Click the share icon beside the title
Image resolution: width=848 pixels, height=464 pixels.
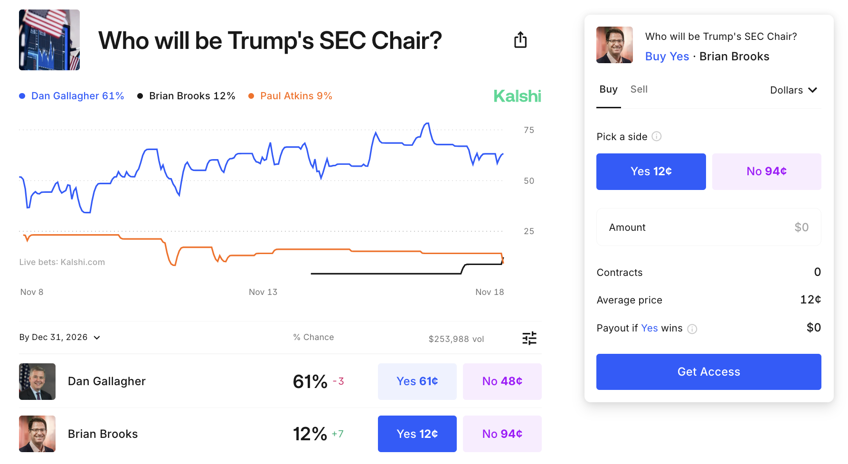(x=520, y=40)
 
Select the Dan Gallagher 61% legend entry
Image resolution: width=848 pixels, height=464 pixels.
(x=72, y=96)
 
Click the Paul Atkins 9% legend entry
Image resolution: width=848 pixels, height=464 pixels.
(x=291, y=96)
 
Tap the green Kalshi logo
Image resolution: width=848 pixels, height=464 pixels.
(x=517, y=96)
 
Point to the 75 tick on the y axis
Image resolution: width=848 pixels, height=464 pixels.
(x=528, y=130)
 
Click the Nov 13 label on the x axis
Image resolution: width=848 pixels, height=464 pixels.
(x=263, y=292)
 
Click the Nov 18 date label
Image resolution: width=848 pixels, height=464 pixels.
(x=490, y=292)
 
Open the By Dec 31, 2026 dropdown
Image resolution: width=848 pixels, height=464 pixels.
(x=60, y=337)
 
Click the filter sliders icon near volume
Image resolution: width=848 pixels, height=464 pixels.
(x=529, y=338)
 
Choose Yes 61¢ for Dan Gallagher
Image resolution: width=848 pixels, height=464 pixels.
(x=417, y=381)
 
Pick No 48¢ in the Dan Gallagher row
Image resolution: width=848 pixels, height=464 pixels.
(x=502, y=381)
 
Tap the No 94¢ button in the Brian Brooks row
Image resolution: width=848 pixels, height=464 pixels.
(x=502, y=434)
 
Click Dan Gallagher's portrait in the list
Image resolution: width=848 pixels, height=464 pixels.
(x=37, y=381)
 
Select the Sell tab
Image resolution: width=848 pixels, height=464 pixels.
(x=639, y=89)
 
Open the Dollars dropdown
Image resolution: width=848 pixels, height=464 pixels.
(x=793, y=90)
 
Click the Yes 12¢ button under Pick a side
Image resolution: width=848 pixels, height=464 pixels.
(x=650, y=171)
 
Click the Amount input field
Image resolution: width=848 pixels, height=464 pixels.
(x=708, y=227)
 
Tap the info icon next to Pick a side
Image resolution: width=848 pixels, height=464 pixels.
(x=657, y=137)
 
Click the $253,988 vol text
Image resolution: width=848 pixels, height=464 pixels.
(x=456, y=339)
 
